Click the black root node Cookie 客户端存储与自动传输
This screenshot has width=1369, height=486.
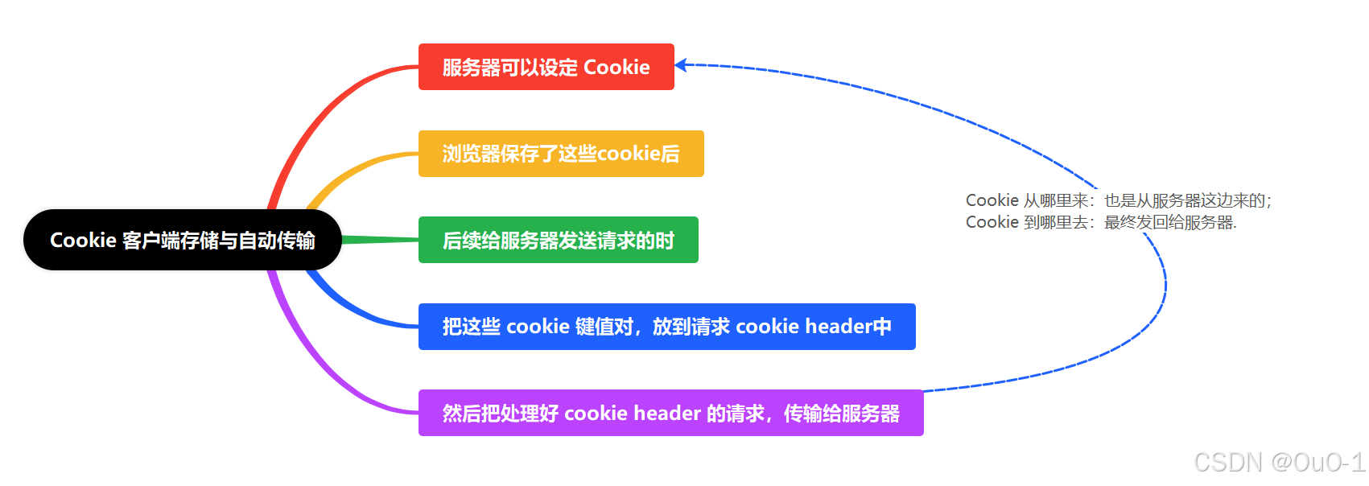pyautogui.click(x=182, y=240)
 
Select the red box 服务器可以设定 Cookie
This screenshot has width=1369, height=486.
pyautogui.click(x=546, y=67)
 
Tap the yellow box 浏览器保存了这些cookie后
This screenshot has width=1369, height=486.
pyautogui.click(x=560, y=154)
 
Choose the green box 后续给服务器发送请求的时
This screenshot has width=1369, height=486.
pyautogui.click(x=558, y=240)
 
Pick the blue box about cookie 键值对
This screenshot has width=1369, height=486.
pyautogui.click(x=666, y=327)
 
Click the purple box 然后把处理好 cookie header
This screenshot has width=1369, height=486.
pyautogui.click(x=670, y=414)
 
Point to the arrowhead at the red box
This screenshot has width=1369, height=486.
pyautogui.click(x=681, y=65)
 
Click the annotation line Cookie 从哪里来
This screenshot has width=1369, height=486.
pyautogui.click(x=1118, y=200)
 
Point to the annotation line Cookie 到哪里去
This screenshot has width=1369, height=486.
pyautogui.click(x=1100, y=222)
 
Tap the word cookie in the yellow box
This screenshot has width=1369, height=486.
pyautogui.click(x=628, y=154)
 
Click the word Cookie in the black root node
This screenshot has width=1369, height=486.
pyautogui.click(x=83, y=240)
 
